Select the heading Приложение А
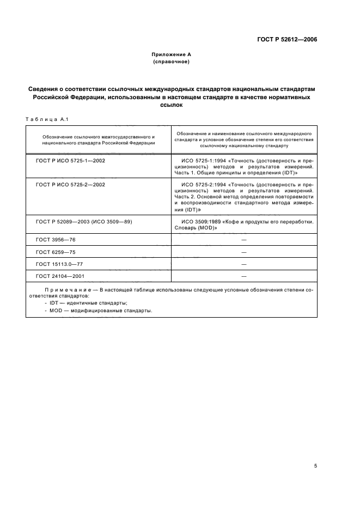pos(171,54)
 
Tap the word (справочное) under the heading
pos(171,62)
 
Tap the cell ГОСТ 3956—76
pos(55,240)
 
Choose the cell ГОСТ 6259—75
pos(55,252)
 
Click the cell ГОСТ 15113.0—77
pos(59,264)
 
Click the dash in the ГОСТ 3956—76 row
pos(243,240)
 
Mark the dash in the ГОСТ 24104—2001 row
pos(243,276)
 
